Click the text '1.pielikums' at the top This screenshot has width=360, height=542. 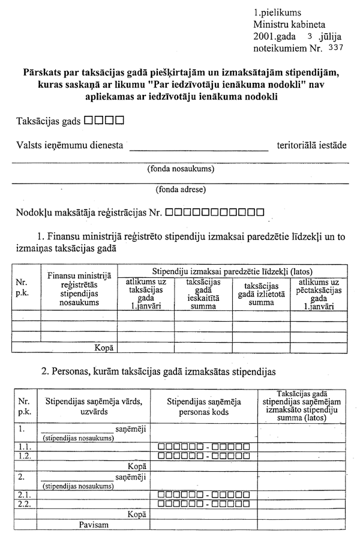[x=277, y=12]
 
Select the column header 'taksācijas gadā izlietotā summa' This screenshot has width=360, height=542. [x=261, y=294]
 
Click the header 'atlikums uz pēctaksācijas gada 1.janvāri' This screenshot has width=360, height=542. [x=319, y=294]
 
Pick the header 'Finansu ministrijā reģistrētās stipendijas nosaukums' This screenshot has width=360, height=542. [x=79, y=289]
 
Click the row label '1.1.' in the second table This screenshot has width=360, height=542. [x=24, y=447]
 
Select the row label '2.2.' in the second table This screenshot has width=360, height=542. [x=24, y=503]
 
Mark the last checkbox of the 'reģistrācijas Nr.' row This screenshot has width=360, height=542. [x=259, y=212]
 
